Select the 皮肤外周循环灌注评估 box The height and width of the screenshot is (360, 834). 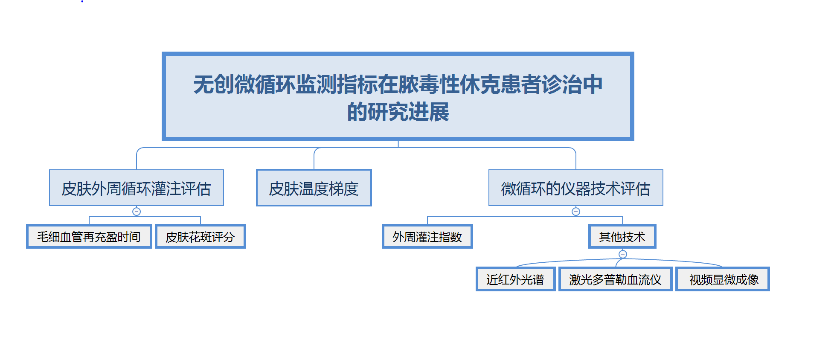pos(136,188)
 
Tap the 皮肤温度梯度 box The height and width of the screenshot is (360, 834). pos(314,188)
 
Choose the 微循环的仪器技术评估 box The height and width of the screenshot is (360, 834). pos(575,188)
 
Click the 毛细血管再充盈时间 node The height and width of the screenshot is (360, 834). pos(89,237)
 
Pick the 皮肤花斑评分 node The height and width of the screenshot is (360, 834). pos(200,237)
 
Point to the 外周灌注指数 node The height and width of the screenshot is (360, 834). pos(427,237)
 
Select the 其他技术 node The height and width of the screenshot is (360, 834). pos(622,237)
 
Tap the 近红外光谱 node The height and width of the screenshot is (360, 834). pos(515,279)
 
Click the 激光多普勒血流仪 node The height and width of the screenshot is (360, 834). pos(615,279)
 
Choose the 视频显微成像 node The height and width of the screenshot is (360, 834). pos(724,279)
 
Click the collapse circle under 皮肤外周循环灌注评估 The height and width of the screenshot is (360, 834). pos(137,212)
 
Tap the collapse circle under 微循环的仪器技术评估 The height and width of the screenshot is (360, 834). pos(576,212)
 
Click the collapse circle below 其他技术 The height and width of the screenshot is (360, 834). pos(623,254)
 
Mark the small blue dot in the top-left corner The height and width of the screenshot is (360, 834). pos(82,1)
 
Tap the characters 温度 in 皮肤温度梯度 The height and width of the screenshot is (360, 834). pos(314,189)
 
